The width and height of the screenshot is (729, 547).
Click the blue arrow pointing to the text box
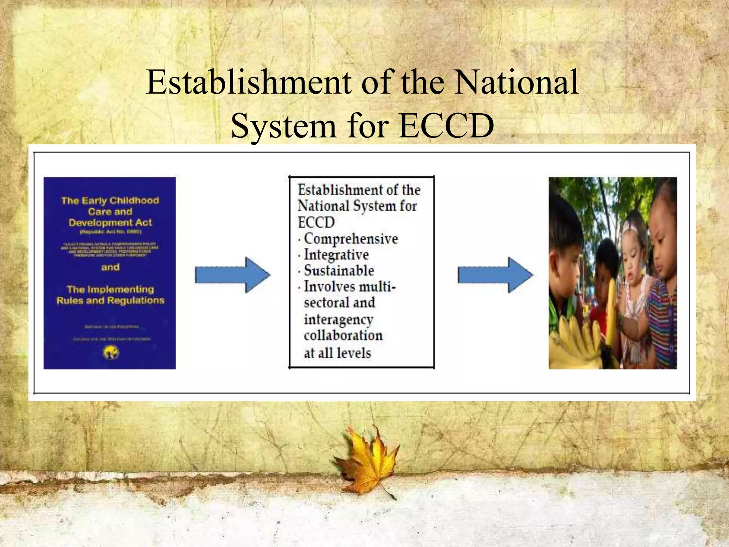[x=233, y=275]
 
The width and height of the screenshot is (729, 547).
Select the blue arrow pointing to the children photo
[x=495, y=275]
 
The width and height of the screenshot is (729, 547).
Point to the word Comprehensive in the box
[x=351, y=239]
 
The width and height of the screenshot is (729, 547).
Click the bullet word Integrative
[x=336, y=255]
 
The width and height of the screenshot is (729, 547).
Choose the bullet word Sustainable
[x=339, y=271]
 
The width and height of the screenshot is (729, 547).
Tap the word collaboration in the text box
[x=343, y=335]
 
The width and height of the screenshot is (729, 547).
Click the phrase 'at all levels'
[x=337, y=353]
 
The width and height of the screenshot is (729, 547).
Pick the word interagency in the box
[x=338, y=319]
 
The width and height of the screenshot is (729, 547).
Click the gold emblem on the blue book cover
[x=111, y=353]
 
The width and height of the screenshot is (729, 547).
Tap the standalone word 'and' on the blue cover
[x=110, y=267]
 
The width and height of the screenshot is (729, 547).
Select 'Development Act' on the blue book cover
[x=110, y=223]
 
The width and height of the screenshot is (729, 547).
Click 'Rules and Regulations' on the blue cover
[x=110, y=301]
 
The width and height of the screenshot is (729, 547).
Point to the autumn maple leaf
[x=368, y=459]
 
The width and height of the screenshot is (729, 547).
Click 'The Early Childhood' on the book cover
[x=110, y=200]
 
